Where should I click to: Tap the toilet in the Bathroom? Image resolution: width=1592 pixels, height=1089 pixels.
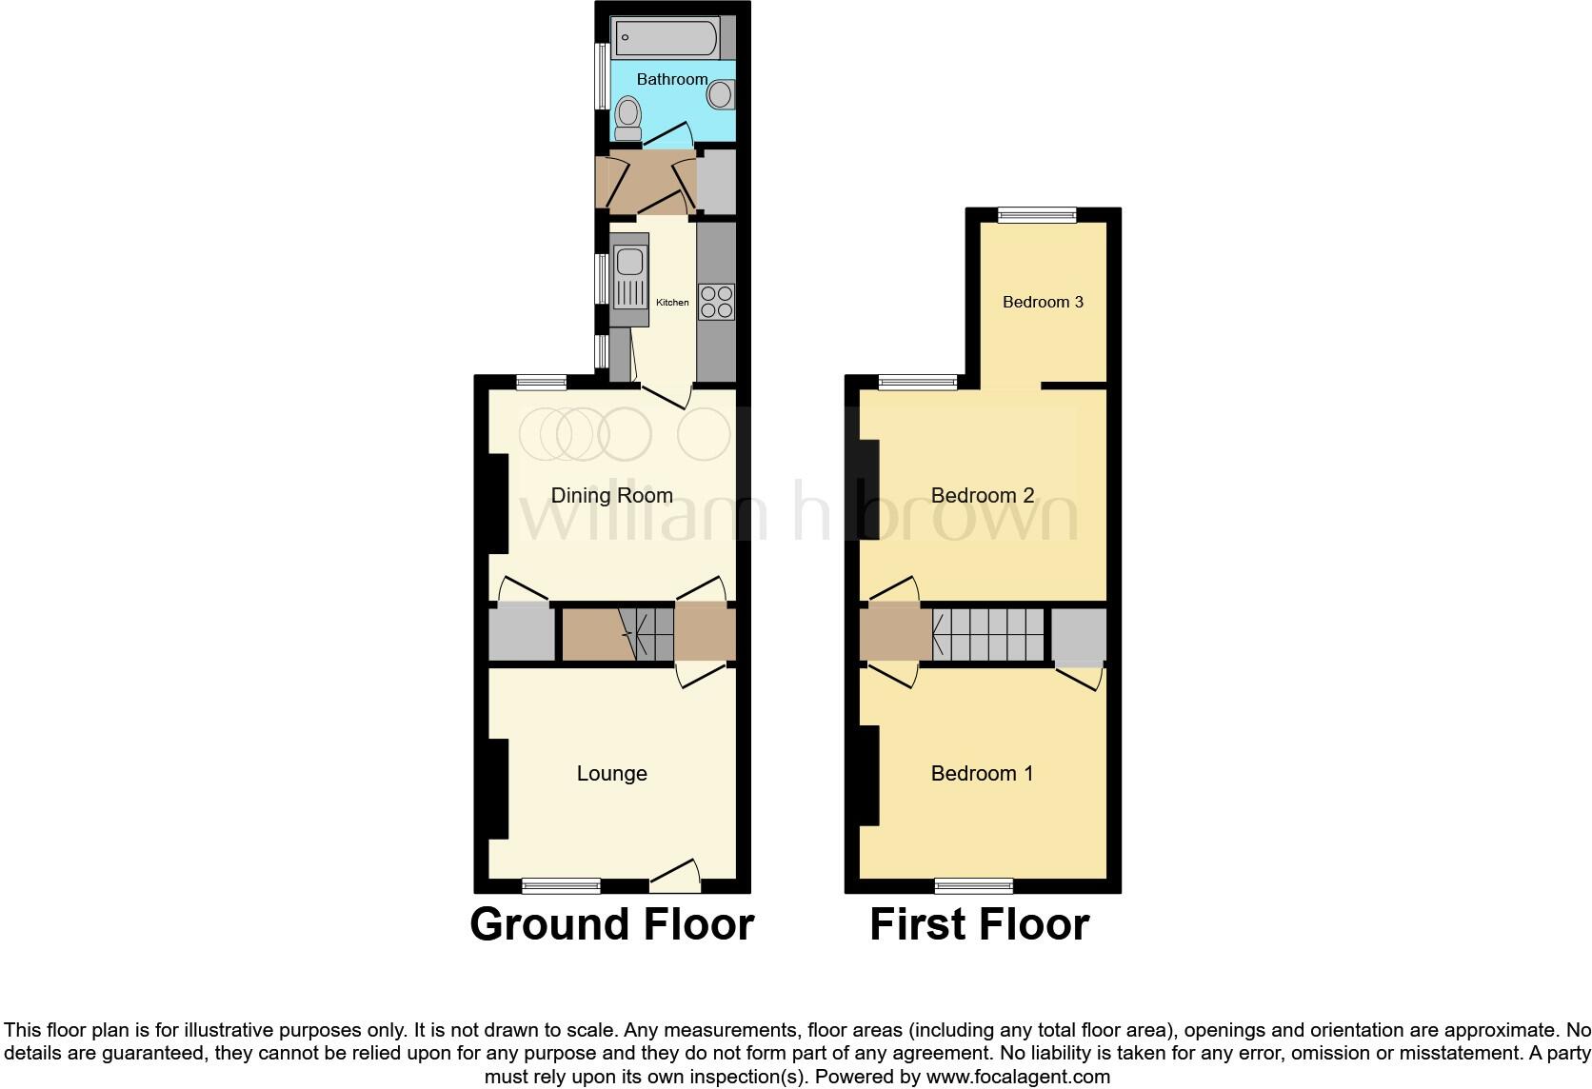click(627, 119)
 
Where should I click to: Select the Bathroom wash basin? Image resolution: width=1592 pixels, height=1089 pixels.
click(721, 93)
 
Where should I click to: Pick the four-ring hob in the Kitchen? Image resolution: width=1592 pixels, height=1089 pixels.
click(716, 302)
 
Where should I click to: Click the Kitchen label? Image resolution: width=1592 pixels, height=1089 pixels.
click(672, 303)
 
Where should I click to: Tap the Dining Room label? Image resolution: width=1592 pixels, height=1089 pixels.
click(611, 495)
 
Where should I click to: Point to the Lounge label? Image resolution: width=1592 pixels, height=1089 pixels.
click(611, 773)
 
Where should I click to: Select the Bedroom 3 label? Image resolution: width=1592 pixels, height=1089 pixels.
click(1043, 302)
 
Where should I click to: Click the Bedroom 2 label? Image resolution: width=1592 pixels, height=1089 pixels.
click(982, 495)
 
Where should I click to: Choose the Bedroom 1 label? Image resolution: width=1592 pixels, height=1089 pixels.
click(982, 773)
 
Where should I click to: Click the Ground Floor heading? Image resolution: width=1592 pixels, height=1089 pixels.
click(611, 924)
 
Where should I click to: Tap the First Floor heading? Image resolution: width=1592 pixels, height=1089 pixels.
click(979, 924)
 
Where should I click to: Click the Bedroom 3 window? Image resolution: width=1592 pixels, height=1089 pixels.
click(1037, 216)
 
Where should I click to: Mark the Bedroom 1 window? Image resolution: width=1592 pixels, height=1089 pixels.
click(974, 886)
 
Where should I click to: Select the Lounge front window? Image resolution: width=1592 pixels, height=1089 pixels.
click(562, 886)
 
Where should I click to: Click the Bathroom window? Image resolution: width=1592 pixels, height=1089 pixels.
click(602, 76)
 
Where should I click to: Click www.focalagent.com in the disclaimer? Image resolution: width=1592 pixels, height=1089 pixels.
click(1018, 1077)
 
